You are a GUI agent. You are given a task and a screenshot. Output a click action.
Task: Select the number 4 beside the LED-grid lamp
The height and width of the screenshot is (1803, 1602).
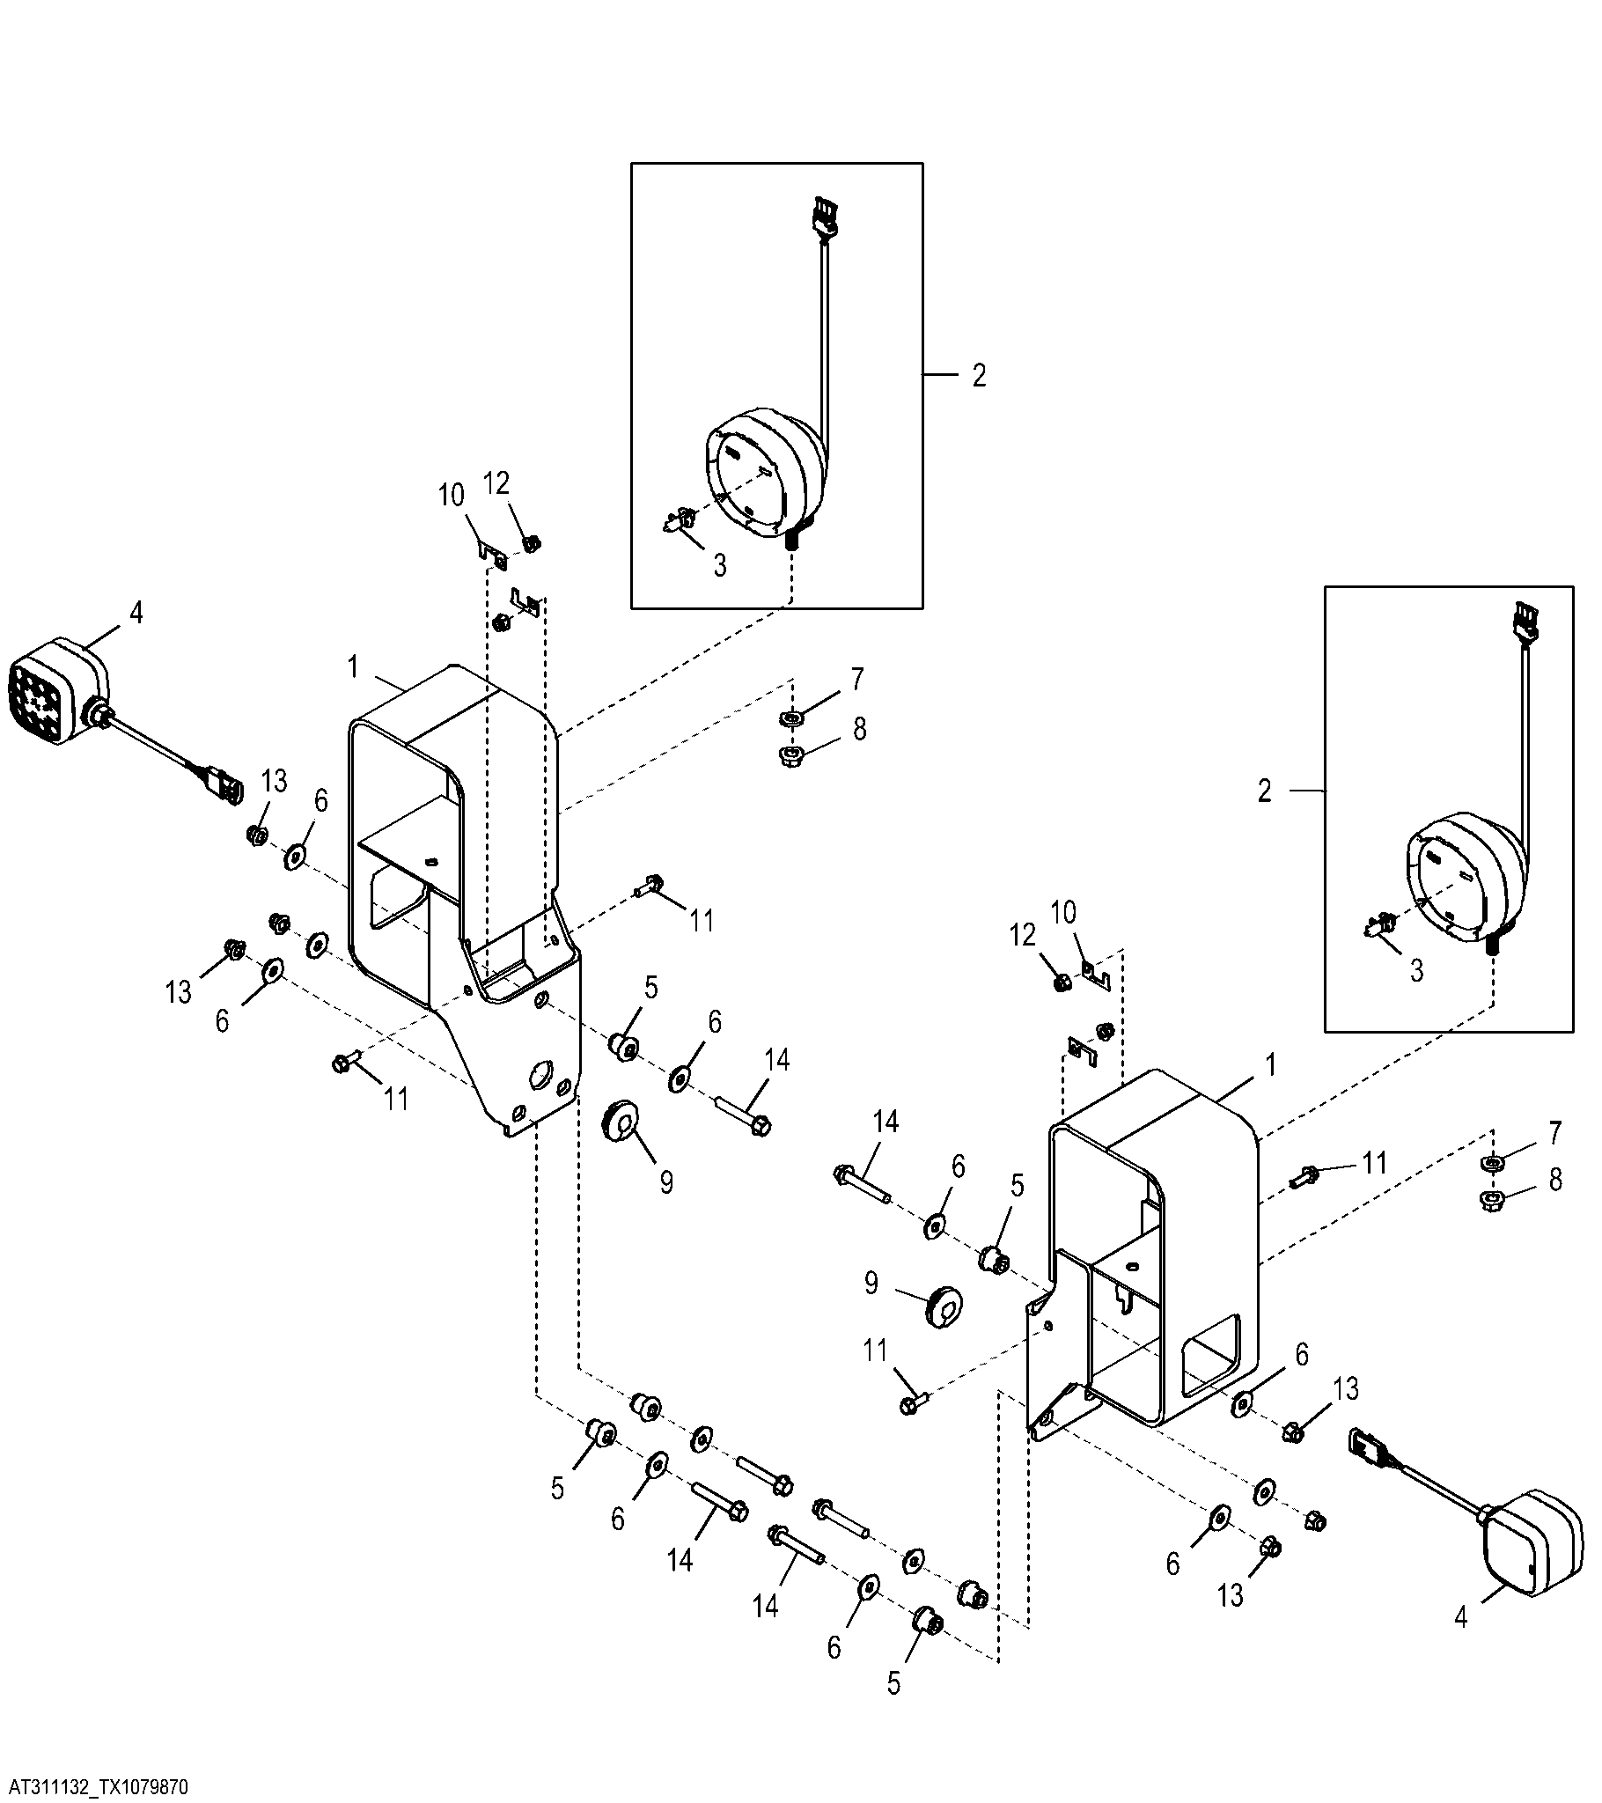pos(136,613)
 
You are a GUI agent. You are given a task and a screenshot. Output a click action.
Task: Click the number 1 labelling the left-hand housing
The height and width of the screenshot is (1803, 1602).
pos(353,667)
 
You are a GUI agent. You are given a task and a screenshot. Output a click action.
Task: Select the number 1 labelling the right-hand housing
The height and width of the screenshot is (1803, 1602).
pos(1271,1066)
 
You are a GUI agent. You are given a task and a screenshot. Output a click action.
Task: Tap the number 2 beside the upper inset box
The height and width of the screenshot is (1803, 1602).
pos(979,376)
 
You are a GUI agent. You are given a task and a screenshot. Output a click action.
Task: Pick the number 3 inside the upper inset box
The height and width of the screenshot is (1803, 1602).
pos(720,566)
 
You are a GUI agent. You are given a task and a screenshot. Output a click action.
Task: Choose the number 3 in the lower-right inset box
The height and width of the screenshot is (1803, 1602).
pos(1417,971)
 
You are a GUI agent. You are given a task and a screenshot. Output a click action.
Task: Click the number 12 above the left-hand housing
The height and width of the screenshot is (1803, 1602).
pos(497,483)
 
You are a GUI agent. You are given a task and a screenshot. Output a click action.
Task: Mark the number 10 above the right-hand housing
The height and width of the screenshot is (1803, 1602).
pos(1064,913)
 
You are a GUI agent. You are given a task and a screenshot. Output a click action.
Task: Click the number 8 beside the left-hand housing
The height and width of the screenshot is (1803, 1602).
pos(859,729)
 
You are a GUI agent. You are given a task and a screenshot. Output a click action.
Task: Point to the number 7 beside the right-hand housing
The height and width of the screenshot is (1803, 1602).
pos(1554,1133)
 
